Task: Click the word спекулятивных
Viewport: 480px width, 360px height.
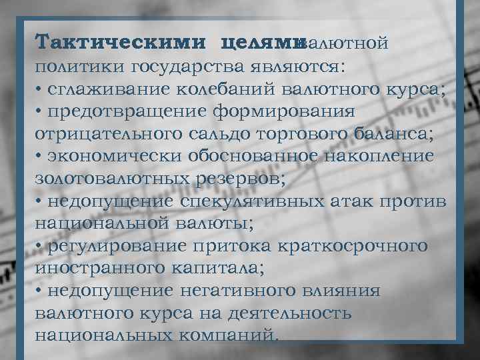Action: (259, 201)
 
